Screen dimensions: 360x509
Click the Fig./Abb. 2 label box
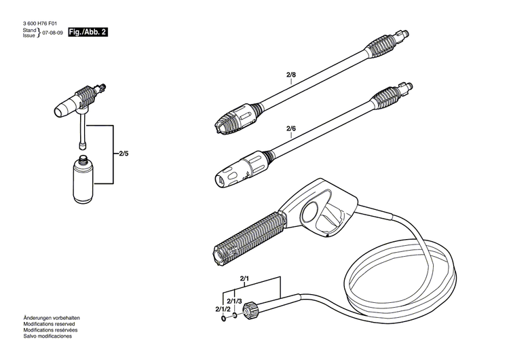click(x=88, y=33)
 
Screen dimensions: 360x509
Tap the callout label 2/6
click(x=291, y=128)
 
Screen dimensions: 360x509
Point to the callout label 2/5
click(x=123, y=154)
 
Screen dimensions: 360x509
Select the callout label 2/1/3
click(x=235, y=301)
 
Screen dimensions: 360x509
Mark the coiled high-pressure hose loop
click(x=400, y=272)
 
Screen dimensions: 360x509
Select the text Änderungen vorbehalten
click(x=52, y=318)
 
